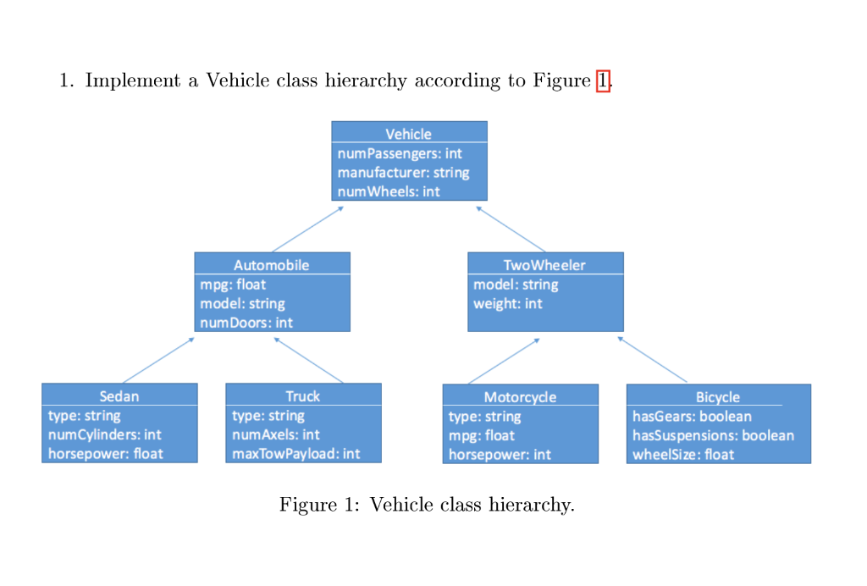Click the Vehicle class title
pos(408,134)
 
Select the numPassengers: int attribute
pos(400,153)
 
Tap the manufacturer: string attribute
pos(403,173)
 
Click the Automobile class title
pos(271,265)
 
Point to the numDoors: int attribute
pos(246,323)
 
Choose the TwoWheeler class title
pos(544,265)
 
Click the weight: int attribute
pos(508,303)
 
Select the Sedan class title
pos(119,396)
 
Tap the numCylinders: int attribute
pos(105,434)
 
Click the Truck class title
pos(302,396)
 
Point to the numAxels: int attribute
pos(275,434)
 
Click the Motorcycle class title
pos(520,397)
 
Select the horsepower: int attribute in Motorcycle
pos(500,455)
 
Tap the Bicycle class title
pos(717,397)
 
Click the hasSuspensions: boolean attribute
pos(713,435)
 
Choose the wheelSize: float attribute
pos(683,455)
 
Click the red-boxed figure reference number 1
pos(603,81)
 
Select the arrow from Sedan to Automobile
pos(158,360)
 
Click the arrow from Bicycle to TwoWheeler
pos(652,359)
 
